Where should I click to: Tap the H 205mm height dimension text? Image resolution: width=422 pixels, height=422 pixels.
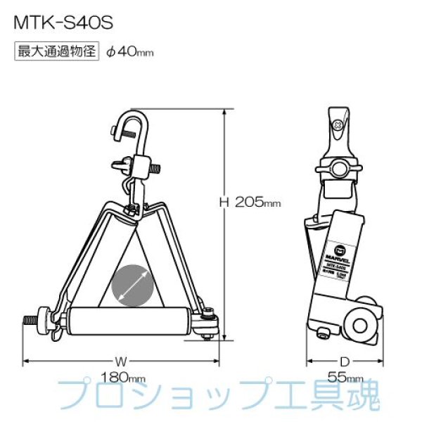pos(250,203)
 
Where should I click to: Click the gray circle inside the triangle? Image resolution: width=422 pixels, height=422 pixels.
pos(131,285)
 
